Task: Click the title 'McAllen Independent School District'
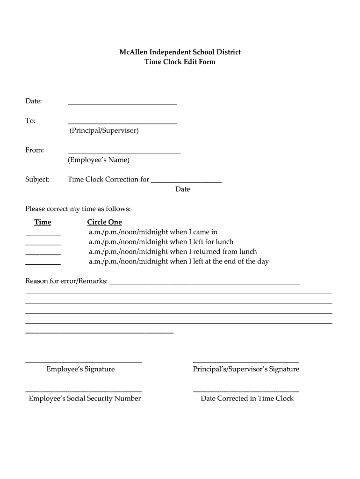click(180, 52)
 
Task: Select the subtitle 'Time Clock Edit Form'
click(180, 62)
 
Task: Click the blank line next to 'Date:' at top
click(122, 103)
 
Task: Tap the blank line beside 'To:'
click(122, 123)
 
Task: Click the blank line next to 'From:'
click(124, 152)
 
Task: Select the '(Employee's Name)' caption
click(99, 160)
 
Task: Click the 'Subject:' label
click(37, 180)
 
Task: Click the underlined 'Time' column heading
click(43, 222)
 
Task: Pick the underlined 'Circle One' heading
click(104, 222)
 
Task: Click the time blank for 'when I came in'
click(43, 233)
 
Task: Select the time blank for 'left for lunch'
click(43, 243)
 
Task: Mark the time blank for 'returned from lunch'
click(43, 253)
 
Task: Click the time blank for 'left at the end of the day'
click(43, 263)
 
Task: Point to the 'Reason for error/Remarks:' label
click(66, 281)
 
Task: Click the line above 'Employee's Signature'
click(83, 362)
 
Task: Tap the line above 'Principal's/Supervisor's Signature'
click(246, 362)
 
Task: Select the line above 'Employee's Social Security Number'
click(83, 391)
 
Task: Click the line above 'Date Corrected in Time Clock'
click(246, 391)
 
